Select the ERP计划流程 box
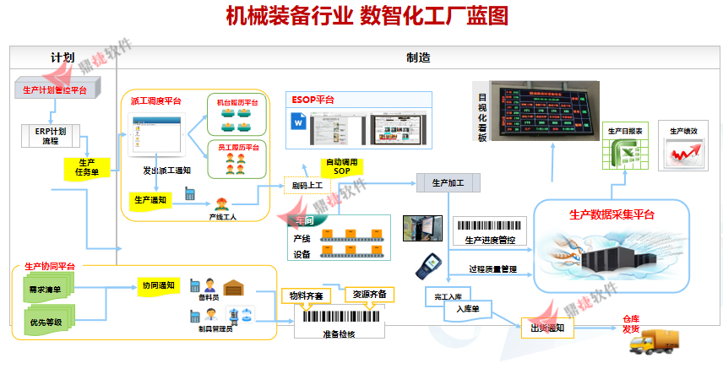coord(50,135)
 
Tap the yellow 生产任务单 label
coord(86,167)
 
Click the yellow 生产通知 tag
coord(150,200)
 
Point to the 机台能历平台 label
coord(237,103)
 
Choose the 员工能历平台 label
coord(237,147)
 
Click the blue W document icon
coord(298,123)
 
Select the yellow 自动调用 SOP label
coord(342,166)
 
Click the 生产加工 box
coord(448,182)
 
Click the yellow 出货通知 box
coord(546,328)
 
